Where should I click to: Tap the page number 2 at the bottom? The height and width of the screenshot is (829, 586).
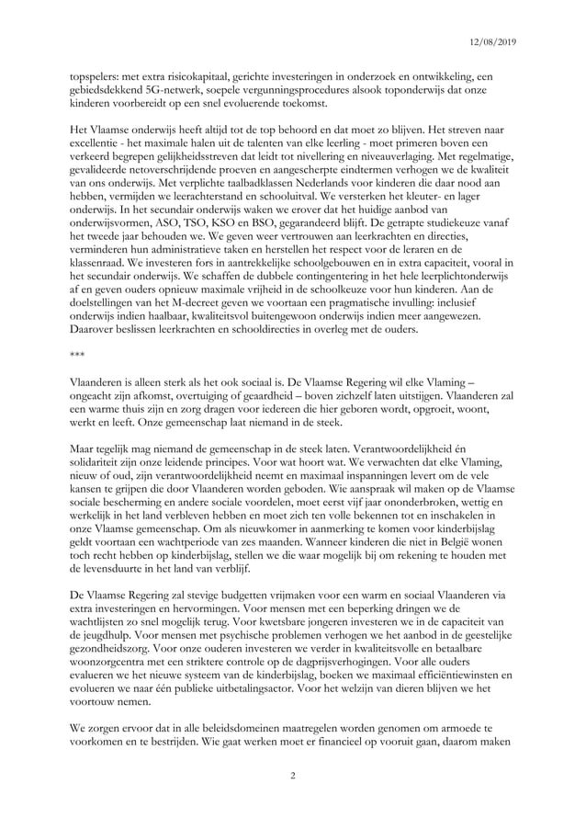292,777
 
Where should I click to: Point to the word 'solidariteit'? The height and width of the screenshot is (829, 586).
105,471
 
